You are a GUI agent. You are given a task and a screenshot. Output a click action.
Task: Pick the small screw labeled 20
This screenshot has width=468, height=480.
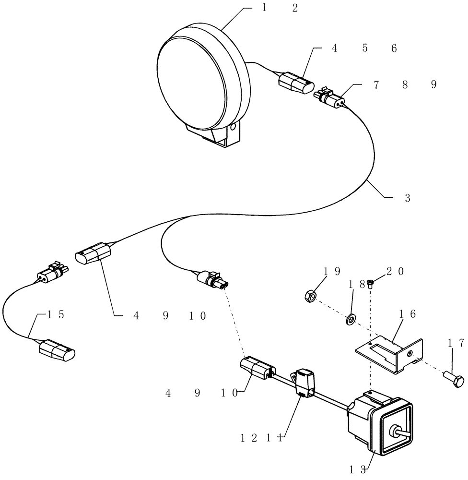[x=371, y=284]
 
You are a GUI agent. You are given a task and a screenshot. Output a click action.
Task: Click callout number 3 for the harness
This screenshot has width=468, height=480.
[x=407, y=198]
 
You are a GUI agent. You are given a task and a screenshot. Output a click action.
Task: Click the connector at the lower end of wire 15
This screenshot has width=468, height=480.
[x=57, y=350]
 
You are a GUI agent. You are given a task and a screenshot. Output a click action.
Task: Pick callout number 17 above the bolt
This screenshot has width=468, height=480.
[x=456, y=343]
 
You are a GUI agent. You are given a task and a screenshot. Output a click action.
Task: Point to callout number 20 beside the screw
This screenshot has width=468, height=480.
[x=395, y=272]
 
